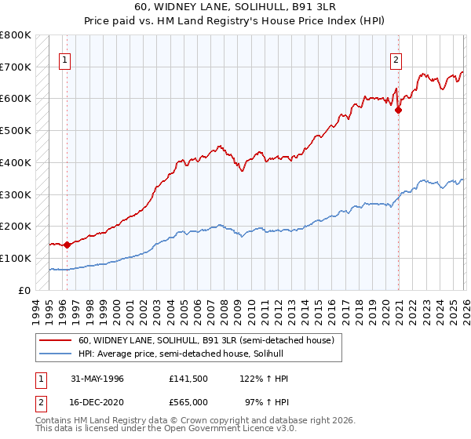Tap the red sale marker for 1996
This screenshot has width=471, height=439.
point(67,245)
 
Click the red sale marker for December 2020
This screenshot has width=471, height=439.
point(398,110)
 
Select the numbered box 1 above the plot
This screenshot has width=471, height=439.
point(65,59)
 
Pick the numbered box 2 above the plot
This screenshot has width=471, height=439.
point(397,59)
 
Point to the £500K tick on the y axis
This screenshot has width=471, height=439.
point(16,130)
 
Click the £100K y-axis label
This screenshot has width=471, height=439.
point(16,258)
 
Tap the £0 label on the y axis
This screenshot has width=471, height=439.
point(24,290)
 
